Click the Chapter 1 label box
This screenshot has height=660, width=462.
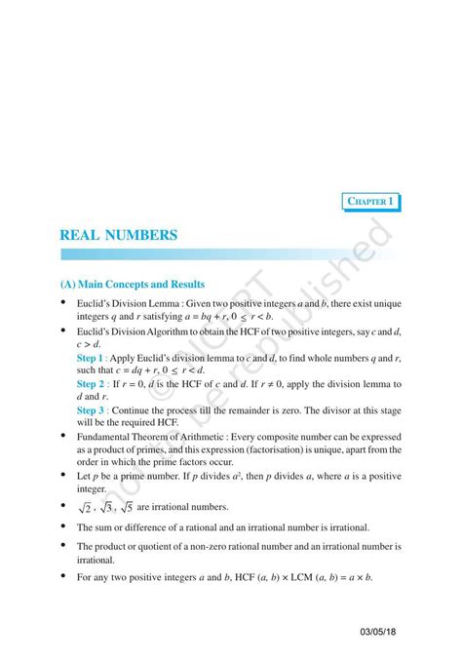pyautogui.click(x=372, y=202)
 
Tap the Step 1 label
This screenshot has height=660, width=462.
pyautogui.click(x=94, y=359)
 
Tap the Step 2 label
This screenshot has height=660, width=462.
pyautogui.click(x=94, y=384)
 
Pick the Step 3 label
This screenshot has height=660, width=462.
pyautogui.click(x=94, y=410)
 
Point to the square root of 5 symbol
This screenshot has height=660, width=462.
pyautogui.click(x=126, y=507)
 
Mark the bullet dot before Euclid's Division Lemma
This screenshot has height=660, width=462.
pyautogui.click(x=64, y=304)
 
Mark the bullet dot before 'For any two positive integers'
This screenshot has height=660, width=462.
pyautogui.click(x=64, y=577)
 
